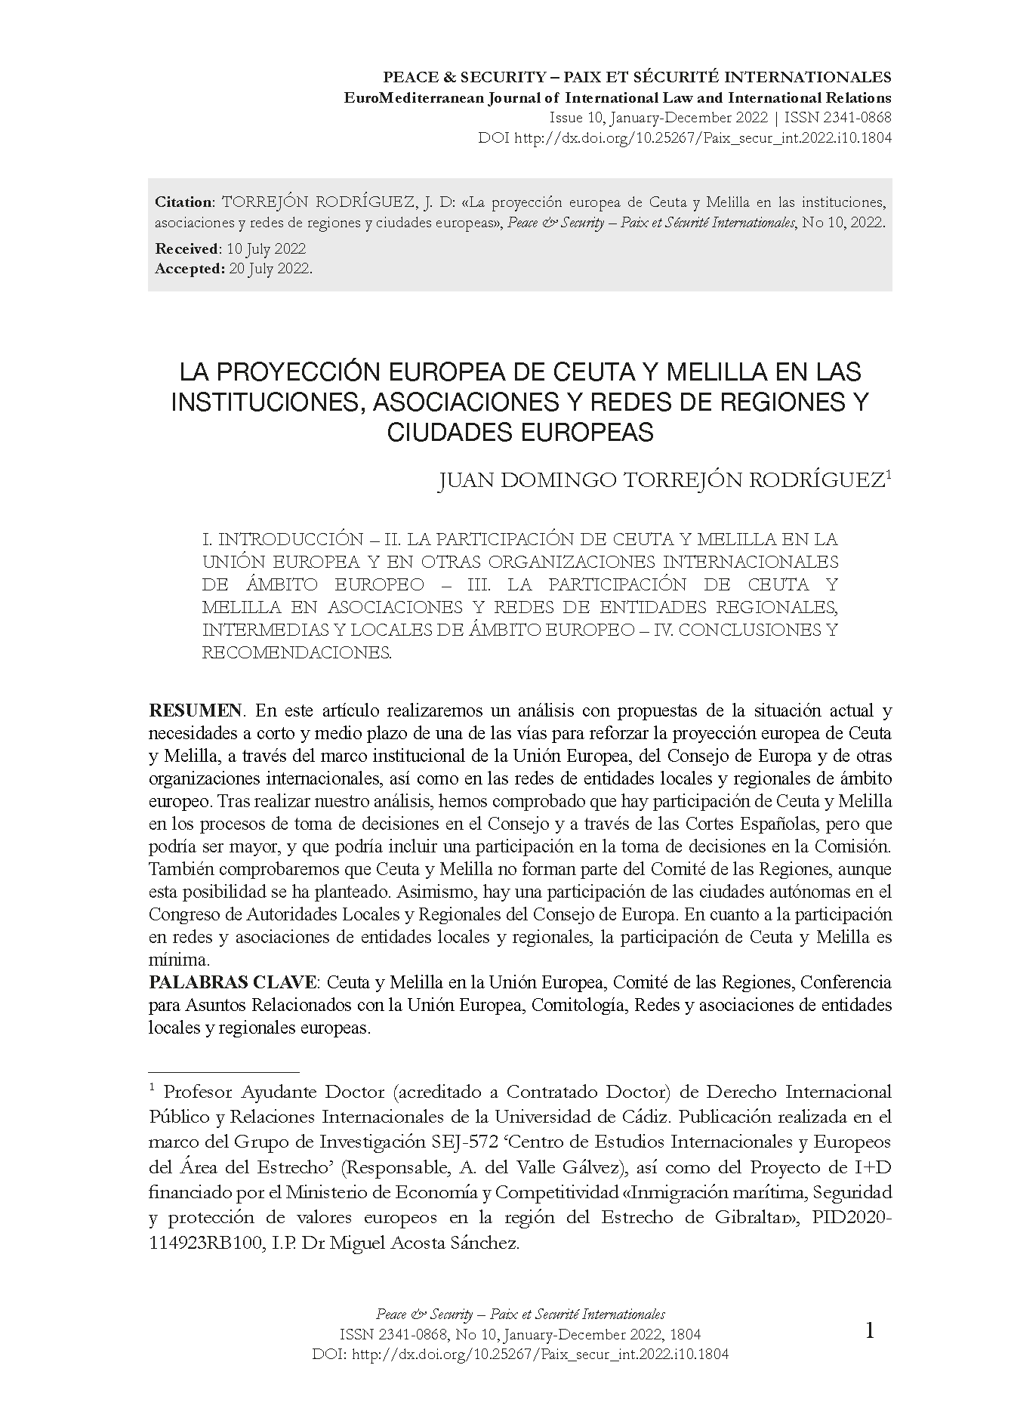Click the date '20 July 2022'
pyautogui.click(x=270, y=269)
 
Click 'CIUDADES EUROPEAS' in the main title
pyautogui.click(x=519, y=433)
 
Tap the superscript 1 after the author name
pyautogui.click(x=889, y=475)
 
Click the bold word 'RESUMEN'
pyautogui.click(x=196, y=710)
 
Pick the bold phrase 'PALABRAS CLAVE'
pyautogui.click(x=233, y=982)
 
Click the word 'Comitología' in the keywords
pyautogui.click(x=578, y=1005)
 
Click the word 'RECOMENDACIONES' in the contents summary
pyautogui.click(x=296, y=652)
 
